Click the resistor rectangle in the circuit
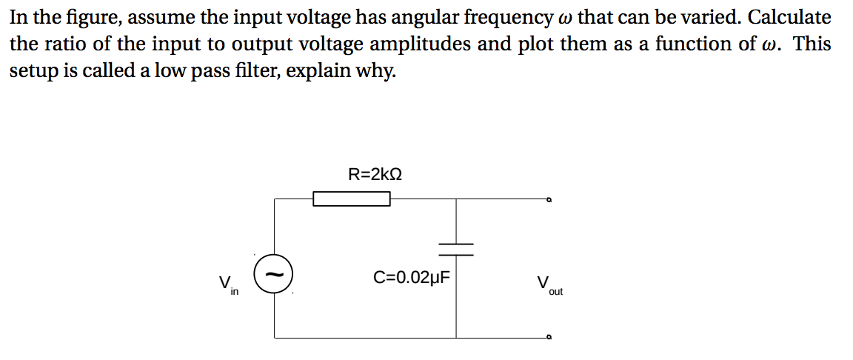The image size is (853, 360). tap(352, 199)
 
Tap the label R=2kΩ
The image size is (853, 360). tap(375, 175)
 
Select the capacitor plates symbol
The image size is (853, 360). tap(455, 249)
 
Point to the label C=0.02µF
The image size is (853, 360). tap(412, 278)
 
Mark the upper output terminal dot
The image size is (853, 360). tap(549, 199)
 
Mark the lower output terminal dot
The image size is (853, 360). tap(549, 338)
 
